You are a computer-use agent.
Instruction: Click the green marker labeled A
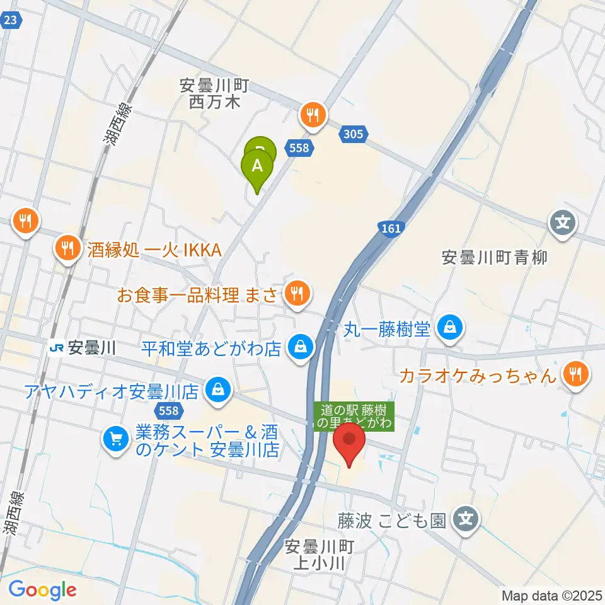click(257, 166)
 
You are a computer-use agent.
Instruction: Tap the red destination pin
click(349, 442)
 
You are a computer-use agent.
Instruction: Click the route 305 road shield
click(354, 133)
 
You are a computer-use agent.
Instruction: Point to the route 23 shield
click(9, 20)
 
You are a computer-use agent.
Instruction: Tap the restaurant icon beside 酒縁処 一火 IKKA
click(66, 246)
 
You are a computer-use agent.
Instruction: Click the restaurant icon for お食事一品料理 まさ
click(295, 292)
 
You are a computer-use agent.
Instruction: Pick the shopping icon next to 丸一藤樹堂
click(451, 327)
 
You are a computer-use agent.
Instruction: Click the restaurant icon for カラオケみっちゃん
click(574, 376)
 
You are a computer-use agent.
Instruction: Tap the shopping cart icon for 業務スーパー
click(115, 437)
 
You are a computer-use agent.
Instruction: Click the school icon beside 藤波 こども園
click(466, 521)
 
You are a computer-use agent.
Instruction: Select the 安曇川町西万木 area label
click(215, 93)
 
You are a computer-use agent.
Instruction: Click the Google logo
click(42, 590)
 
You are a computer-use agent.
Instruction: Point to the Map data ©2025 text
click(552, 595)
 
